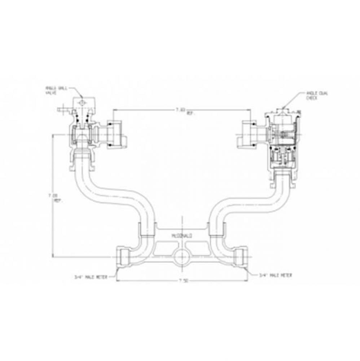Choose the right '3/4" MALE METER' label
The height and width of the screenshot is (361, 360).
275,275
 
